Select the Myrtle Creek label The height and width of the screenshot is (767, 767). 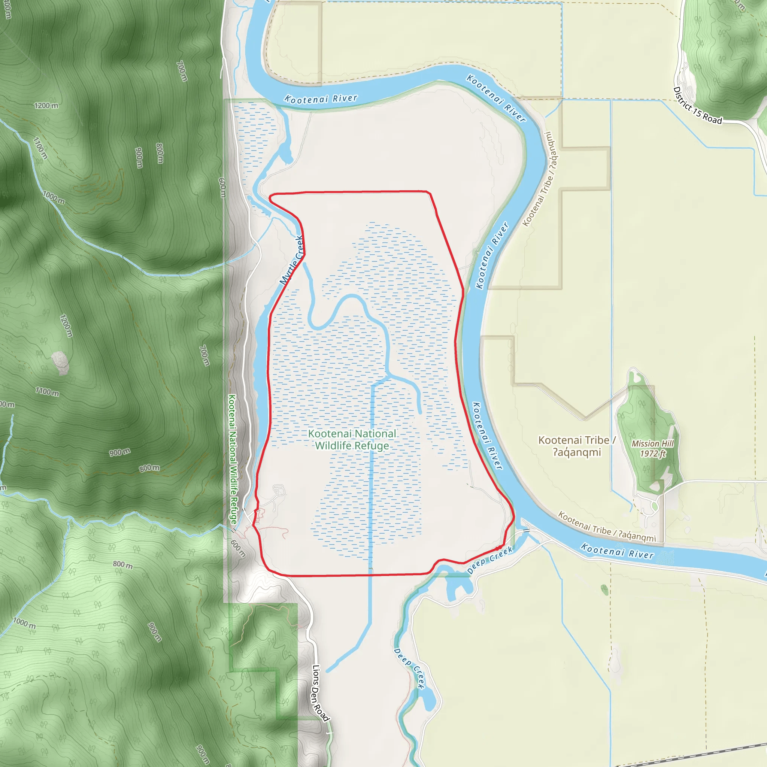(292, 260)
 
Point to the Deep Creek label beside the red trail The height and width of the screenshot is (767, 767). (490, 560)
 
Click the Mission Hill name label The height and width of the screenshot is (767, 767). (653, 443)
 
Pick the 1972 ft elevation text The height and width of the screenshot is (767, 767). (653, 454)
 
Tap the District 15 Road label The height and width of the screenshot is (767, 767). (697, 106)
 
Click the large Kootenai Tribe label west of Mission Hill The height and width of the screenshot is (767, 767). (577, 446)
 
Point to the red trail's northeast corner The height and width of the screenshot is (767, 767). (429, 193)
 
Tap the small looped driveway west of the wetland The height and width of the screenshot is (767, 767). (279, 490)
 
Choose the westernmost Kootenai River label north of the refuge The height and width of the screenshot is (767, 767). (321, 99)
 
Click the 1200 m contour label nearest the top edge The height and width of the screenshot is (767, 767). (46, 106)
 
